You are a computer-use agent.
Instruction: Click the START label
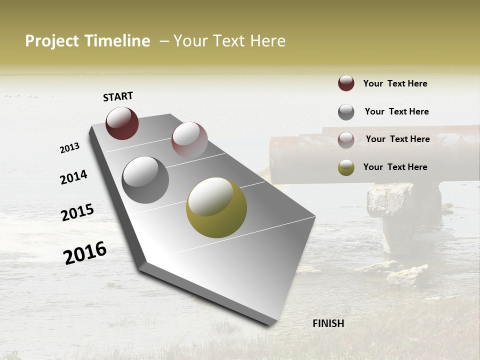coord(118,96)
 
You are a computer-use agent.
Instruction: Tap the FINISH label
coord(328,323)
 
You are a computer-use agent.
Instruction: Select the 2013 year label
coord(70,148)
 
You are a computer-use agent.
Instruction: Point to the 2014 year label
coord(73,177)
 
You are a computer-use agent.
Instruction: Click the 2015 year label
coord(77,212)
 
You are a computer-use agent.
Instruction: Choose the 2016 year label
coord(85,252)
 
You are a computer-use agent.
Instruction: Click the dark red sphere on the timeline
coord(122,123)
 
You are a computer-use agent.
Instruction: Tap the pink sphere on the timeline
coord(189,139)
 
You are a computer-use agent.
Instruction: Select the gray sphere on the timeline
coord(145,180)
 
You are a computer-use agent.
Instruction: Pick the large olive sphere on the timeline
coord(216,207)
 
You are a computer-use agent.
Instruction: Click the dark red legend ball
coord(346,83)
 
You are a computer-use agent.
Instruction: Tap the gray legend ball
coord(346,112)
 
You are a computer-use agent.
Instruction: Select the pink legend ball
coord(346,140)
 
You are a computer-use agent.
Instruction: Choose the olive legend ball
coord(346,167)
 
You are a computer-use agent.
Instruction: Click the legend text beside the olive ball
coord(395,167)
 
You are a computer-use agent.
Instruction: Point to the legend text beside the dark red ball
coord(395,83)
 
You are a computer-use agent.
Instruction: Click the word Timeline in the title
coord(117,41)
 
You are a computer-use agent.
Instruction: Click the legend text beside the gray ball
coord(396,111)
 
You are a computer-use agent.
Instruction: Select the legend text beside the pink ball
coord(397,139)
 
